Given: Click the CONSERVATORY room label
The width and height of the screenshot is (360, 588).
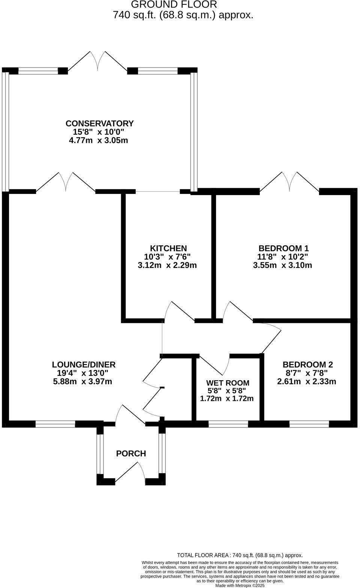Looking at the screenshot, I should click(99, 123).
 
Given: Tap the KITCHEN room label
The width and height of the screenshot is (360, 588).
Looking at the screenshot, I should click(168, 248).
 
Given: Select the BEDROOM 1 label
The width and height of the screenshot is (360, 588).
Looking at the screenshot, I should click(283, 248).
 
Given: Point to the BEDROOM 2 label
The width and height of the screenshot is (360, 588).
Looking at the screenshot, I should click(307, 364).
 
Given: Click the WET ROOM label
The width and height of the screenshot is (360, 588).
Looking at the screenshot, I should click(228, 383).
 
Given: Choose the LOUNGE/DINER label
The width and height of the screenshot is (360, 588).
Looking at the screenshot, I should click(84, 364).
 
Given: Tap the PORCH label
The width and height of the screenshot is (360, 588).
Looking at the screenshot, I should click(131, 454).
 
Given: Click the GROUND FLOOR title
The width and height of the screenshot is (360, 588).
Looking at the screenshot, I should click(174, 5).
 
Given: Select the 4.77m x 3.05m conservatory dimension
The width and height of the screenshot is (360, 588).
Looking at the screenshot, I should click(98, 141).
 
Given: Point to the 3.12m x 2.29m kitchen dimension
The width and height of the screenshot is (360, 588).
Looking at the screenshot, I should click(167, 265).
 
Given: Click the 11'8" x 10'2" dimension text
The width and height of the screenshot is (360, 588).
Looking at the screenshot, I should click(283, 257).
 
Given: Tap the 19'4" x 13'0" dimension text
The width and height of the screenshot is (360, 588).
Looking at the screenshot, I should click(83, 373).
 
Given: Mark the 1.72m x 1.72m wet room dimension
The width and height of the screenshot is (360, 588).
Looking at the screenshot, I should click(227, 399).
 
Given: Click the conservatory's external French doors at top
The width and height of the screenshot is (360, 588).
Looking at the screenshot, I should click(98, 62).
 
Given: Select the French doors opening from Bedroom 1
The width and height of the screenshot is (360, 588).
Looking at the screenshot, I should click(289, 183).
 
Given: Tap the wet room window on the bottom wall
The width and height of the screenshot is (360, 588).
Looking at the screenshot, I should click(228, 424).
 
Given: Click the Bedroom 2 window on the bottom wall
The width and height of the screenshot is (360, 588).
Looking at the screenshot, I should click(309, 424).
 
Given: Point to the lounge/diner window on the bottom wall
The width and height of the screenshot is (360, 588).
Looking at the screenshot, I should click(55, 424).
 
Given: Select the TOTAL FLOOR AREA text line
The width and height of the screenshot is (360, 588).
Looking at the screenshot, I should click(240, 555).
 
